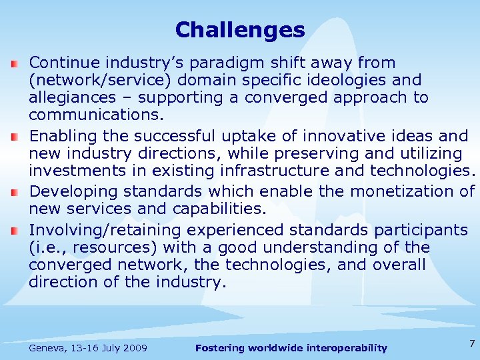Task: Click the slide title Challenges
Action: click(x=239, y=30)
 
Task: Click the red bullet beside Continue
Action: click(x=15, y=64)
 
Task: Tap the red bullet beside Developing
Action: click(x=15, y=193)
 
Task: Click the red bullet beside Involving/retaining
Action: click(x=15, y=231)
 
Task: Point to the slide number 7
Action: click(x=471, y=343)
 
